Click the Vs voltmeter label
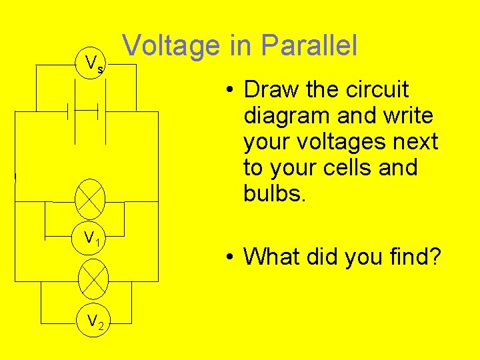click(x=94, y=65)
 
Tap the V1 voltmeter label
click(x=92, y=237)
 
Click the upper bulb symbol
click(x=91, y=195)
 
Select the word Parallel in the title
click(x=309, y=45)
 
